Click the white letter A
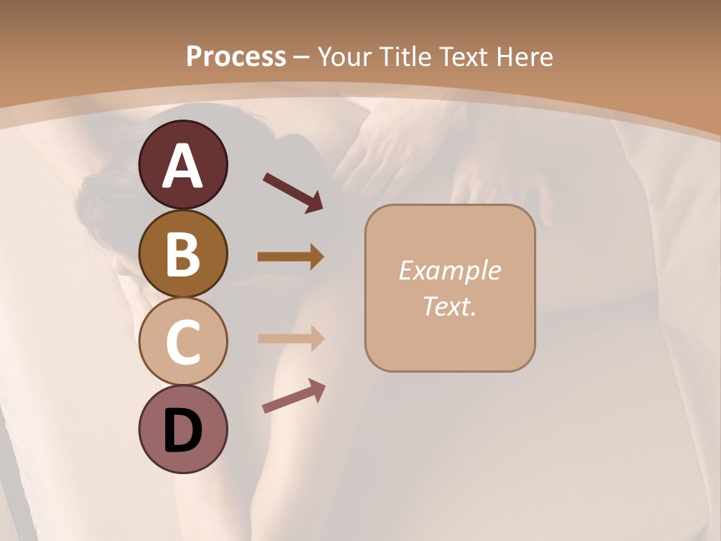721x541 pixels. (183, 166)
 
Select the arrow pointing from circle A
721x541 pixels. (293, 192)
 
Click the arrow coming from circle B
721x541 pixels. (291, 257)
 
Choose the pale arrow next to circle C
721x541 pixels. (291, 339)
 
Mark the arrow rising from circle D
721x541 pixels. (294, 396)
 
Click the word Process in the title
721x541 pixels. (236, 57)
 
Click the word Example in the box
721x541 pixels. (449, 270)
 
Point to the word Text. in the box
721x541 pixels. (449, 306)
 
